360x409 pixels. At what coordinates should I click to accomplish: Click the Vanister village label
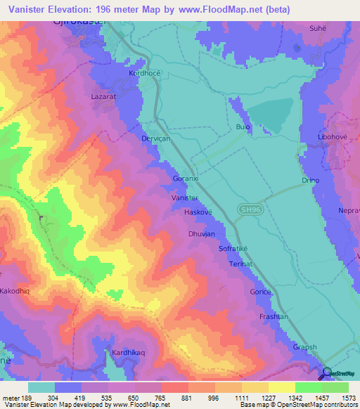(x=185, y=199)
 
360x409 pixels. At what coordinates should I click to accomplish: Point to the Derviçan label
(x=156, y=139)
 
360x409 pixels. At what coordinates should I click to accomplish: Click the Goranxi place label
(x=186, y=179)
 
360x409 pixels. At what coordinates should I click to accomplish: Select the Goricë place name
(x=260, y=291)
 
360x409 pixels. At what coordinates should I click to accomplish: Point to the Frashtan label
(x=274, y=317)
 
